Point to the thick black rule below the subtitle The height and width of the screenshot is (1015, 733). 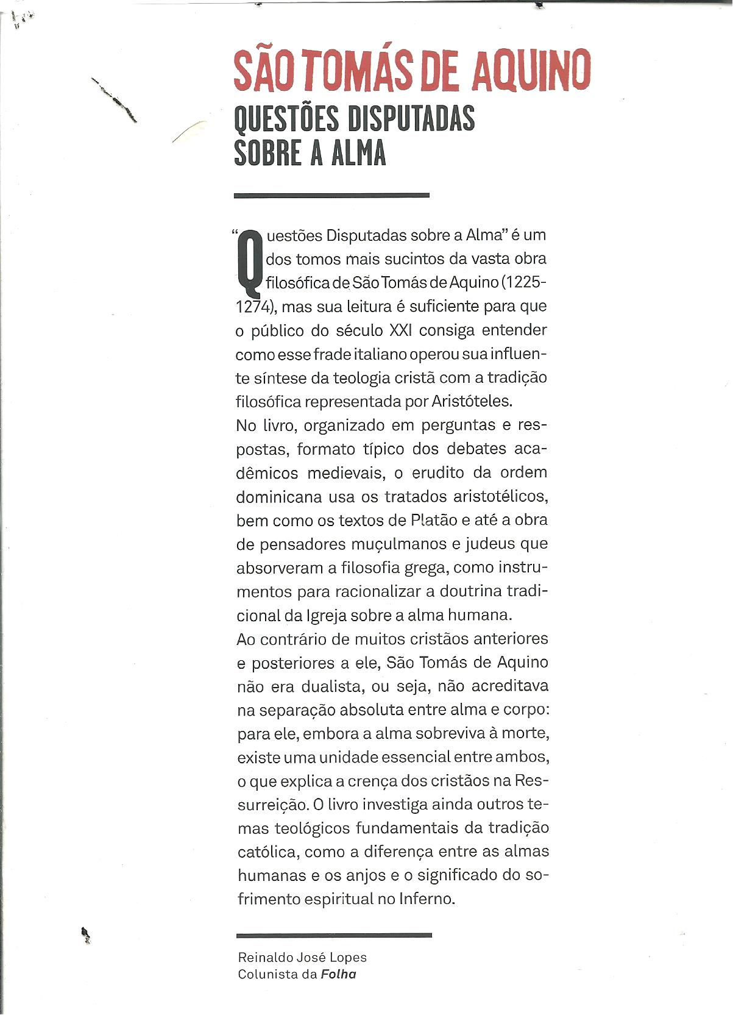point(331,196)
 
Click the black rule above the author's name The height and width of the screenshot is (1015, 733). point(334,935)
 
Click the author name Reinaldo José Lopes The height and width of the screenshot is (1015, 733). point(302,958)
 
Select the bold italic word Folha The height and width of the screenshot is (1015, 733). point(338,974)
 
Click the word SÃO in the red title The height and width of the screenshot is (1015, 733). point(264,71)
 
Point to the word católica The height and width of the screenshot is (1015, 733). point(266,852)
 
